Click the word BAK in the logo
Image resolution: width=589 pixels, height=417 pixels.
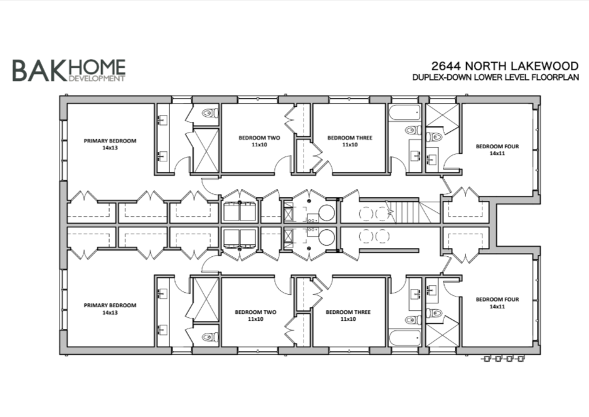coord(38,70)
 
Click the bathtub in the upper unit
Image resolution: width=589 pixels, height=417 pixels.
coord(405,114)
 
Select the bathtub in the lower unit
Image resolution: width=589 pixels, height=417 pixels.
coord(405,337)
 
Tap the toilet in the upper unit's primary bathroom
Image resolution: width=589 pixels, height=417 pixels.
coord(208,114)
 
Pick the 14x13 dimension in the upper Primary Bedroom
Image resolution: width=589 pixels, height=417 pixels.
coord(110,148)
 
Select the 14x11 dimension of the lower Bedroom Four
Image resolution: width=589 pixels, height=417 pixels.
coord(497,306)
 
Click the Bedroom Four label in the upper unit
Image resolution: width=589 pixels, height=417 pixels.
coord(497,146)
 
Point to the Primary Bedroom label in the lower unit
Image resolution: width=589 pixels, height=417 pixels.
coord(110,305)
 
